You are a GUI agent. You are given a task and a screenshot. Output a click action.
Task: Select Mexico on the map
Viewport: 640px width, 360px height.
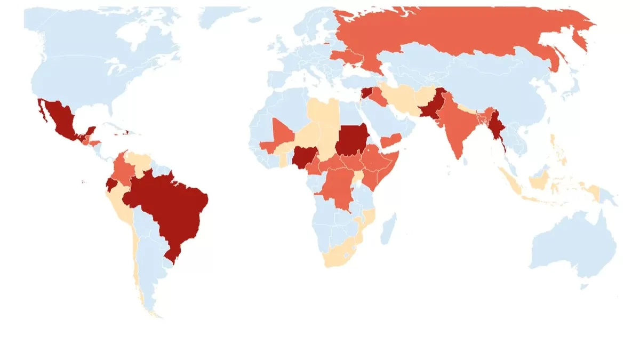(59, 120)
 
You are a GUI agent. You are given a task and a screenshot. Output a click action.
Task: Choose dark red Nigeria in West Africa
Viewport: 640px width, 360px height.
(303, 157)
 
